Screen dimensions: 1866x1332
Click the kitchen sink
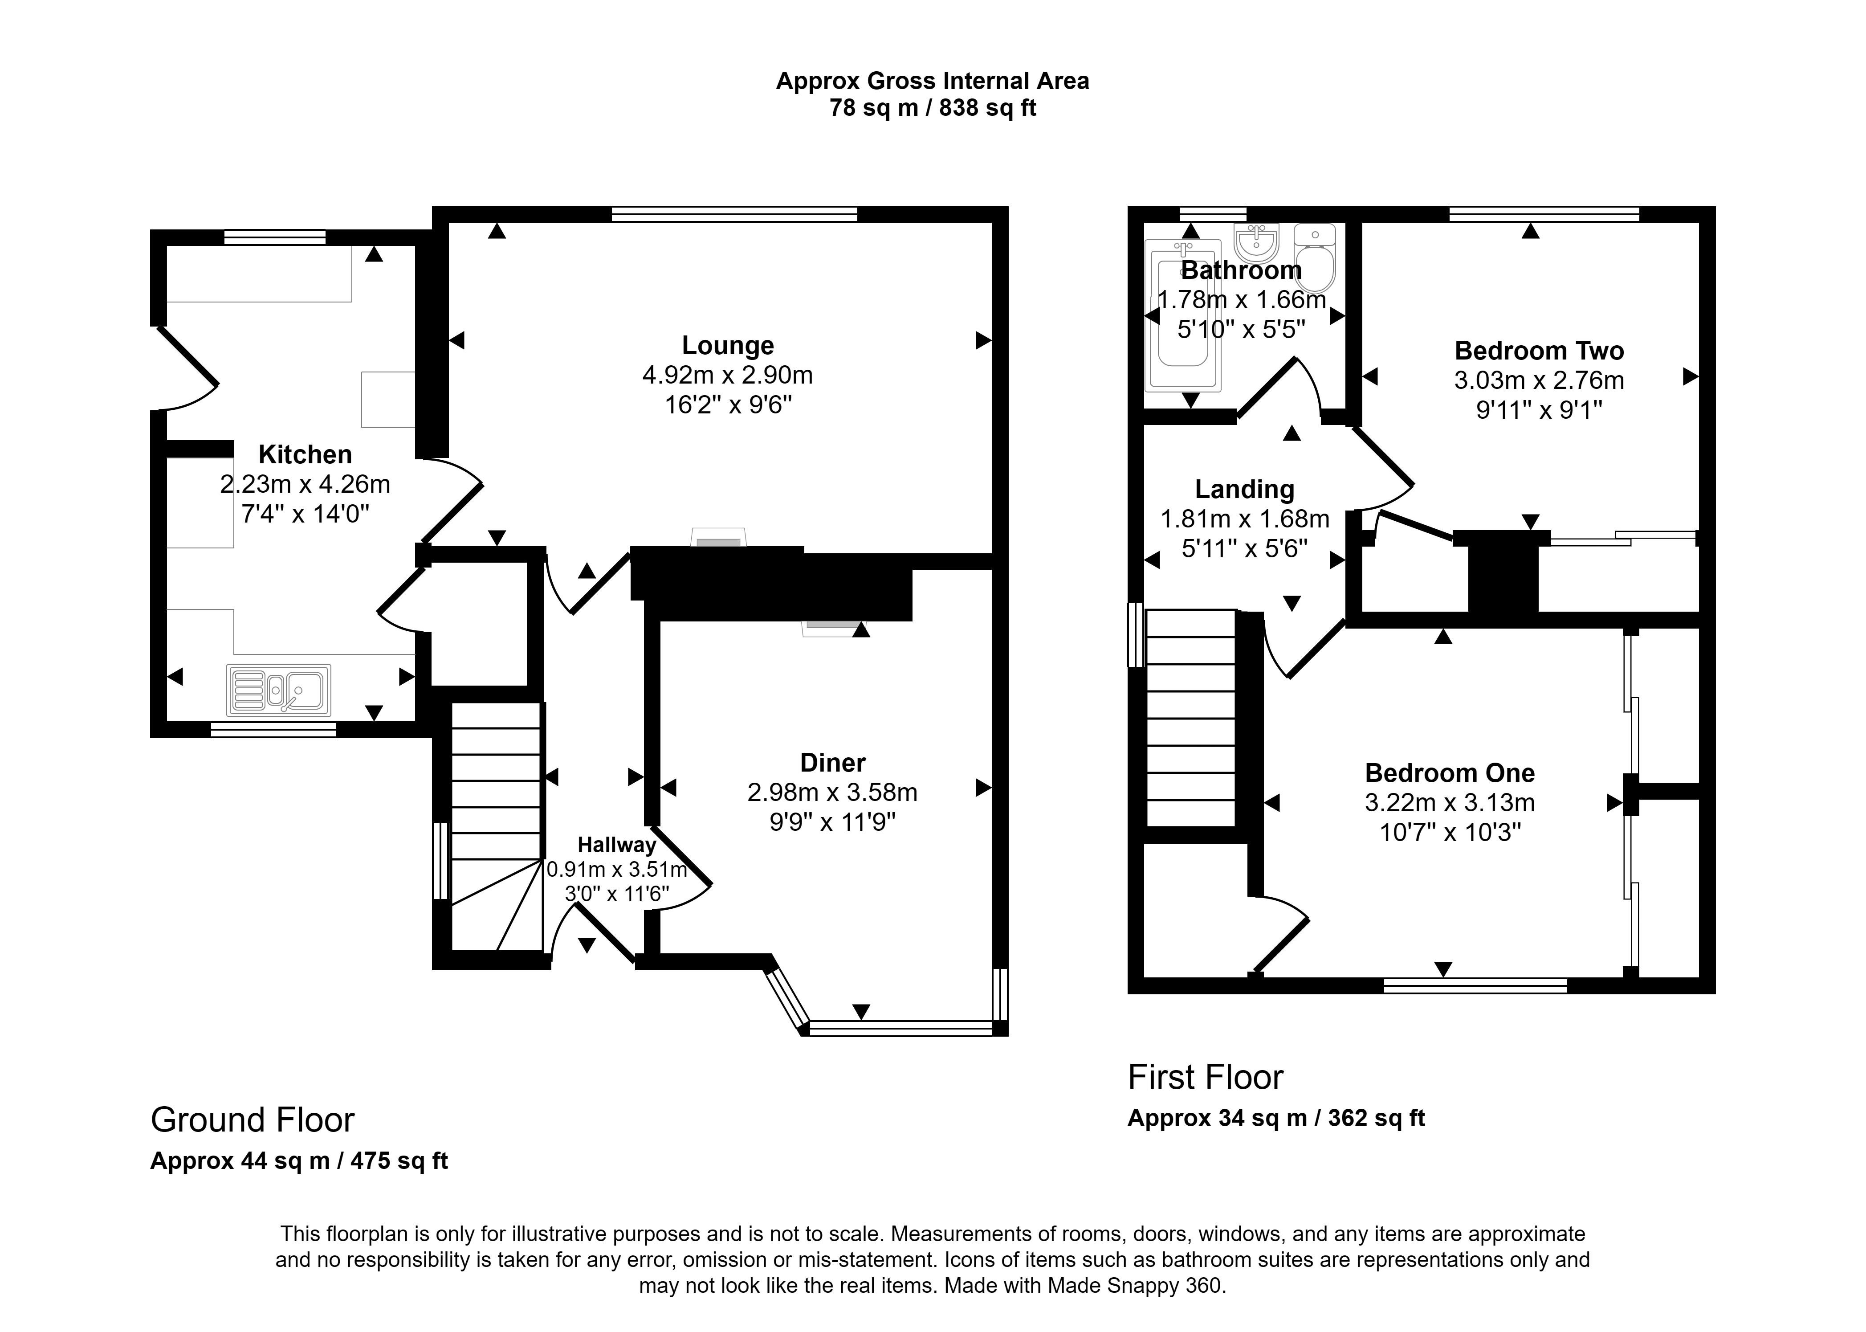coord(279,690)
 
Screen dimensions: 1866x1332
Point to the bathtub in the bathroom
coord(1183,314)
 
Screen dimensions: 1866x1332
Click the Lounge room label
coord(728,345)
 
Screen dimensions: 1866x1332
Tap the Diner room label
coord(833,763)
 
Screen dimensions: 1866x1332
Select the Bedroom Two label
coord(1539,351)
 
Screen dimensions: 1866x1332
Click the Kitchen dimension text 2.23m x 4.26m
coord(305,485)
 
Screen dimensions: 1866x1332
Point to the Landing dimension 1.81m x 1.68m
coord(1245,519)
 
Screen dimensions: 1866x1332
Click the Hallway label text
coord(616,845)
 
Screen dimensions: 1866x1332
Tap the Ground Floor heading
coord(253,1120)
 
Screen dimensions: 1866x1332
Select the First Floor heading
coord(1205,1077)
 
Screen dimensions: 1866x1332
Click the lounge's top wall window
coord(734,214)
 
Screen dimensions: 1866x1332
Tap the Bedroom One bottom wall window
coord(1476,986)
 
